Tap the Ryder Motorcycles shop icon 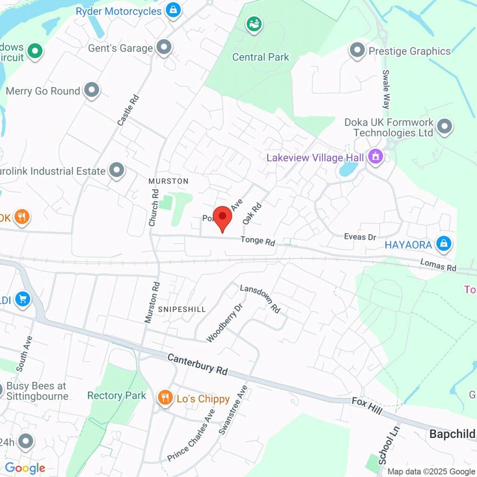coord(173,10)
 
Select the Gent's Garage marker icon coord(164,48)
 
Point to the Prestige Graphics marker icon coord(357,50)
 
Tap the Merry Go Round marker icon coord(92,91)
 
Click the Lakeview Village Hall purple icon coord(375,157)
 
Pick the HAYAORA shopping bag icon coord(444,244)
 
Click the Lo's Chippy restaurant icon coord(164,398)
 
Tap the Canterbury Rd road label coord(198,364)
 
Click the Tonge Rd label coord(258,241)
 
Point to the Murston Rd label coord(152,303)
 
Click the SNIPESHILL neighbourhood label coord(182,309)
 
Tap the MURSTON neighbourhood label coord(168,181)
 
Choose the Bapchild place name coord(452,434)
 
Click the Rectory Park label coord(117,395)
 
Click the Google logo coord(25,468)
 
